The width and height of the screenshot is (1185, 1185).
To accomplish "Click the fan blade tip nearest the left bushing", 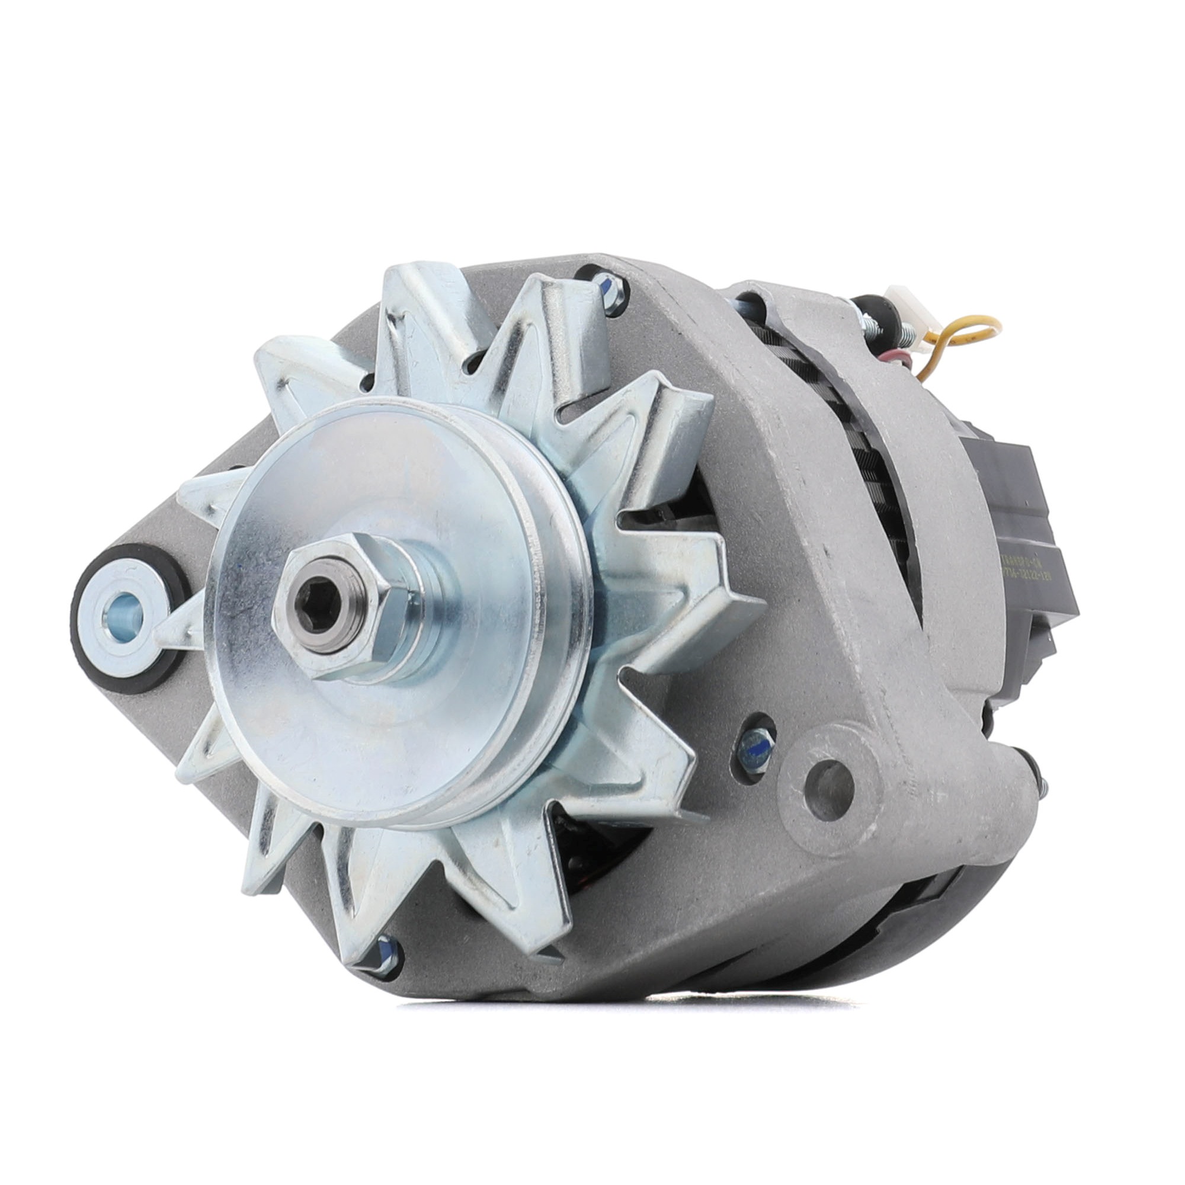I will (203, 497).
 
